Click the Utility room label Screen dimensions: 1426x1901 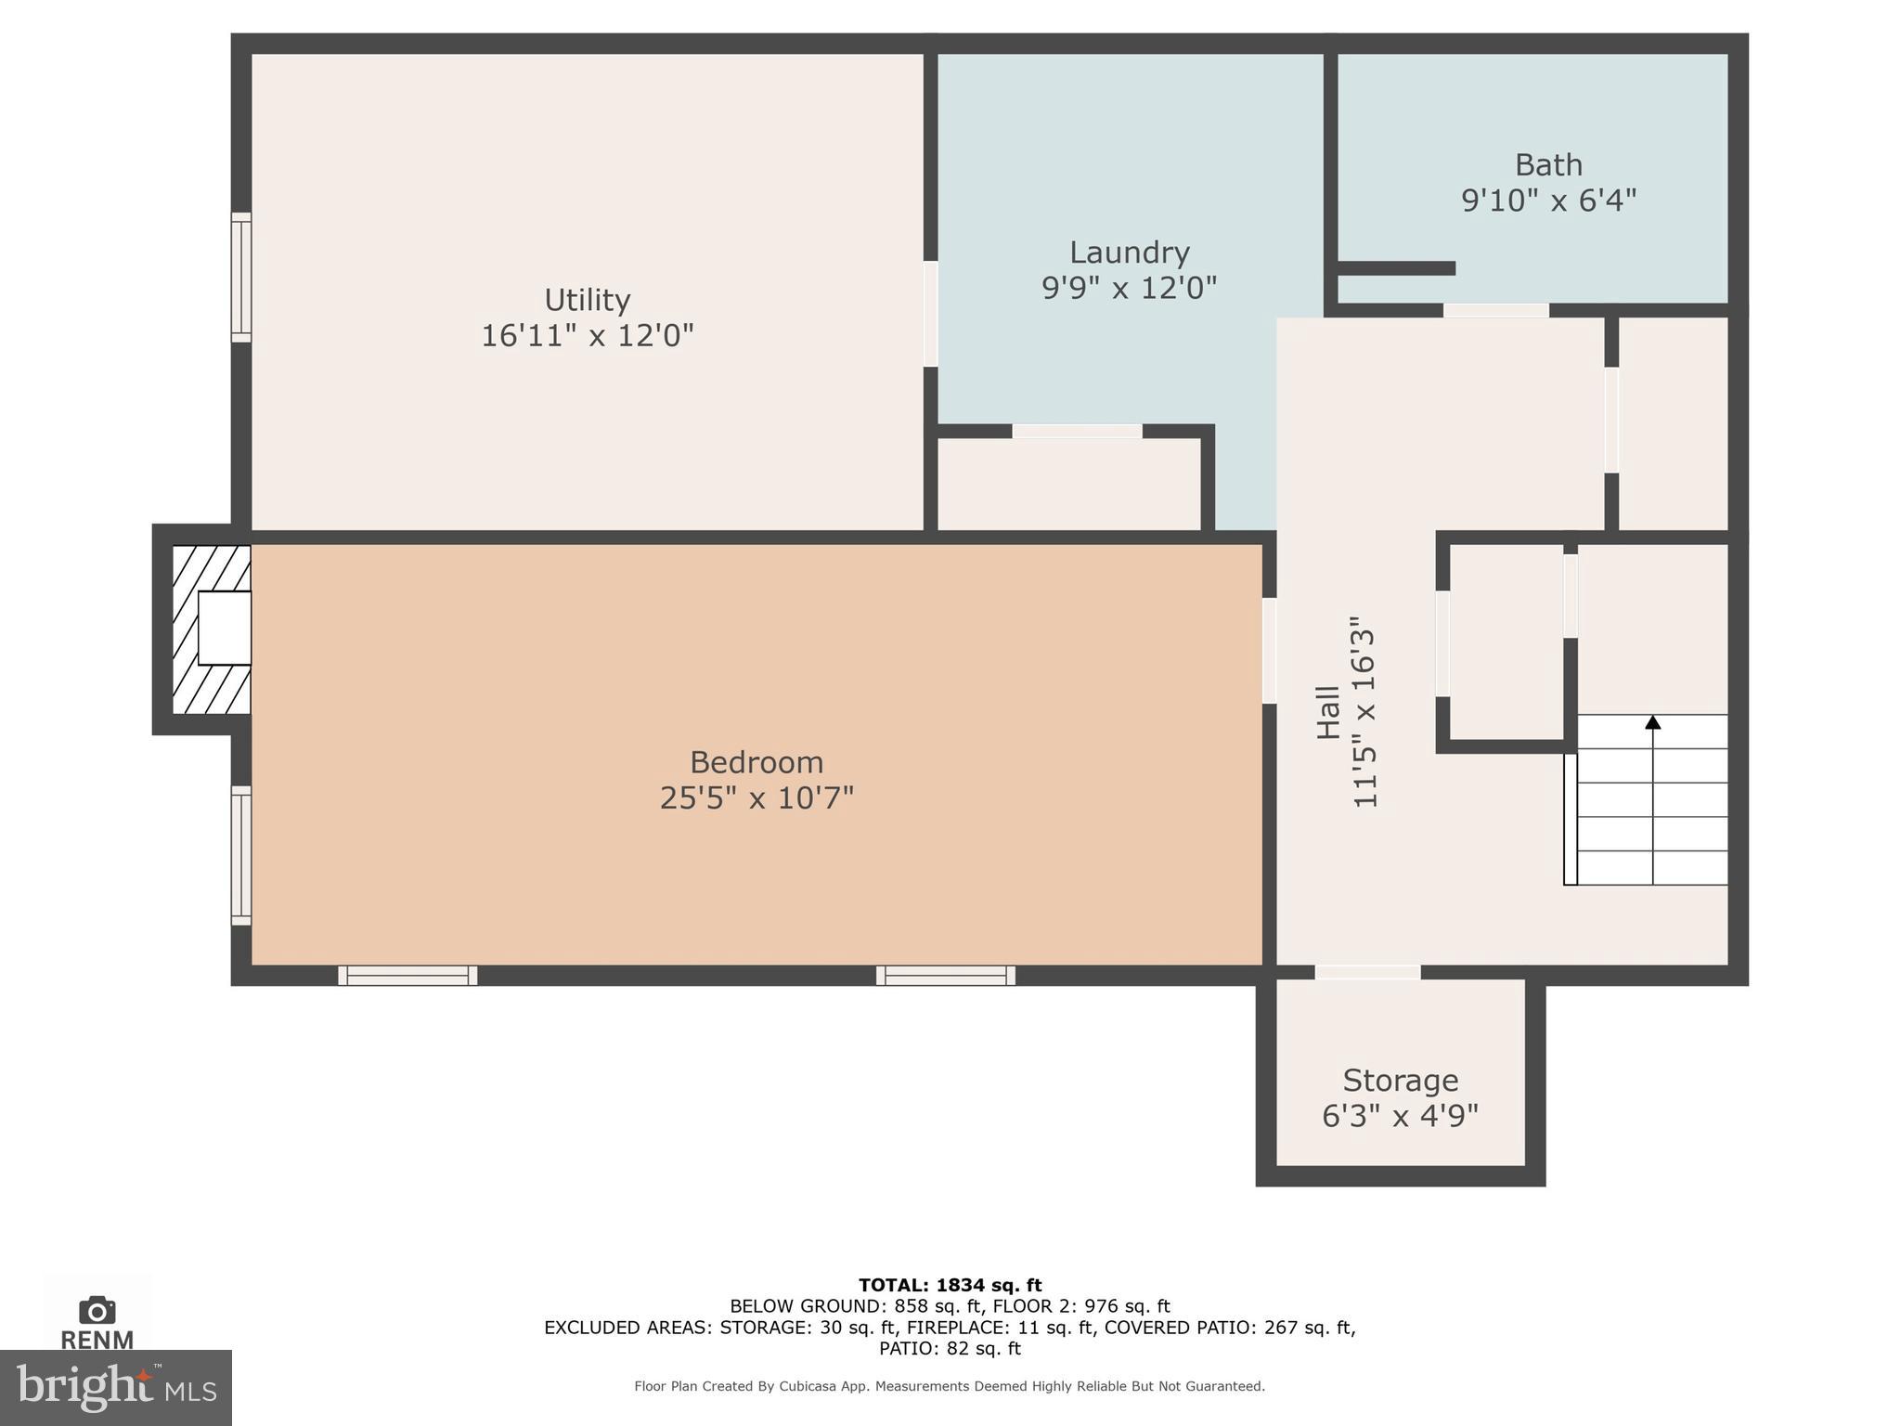(x=587, y=300)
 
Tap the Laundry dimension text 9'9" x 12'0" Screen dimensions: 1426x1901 (x=1129, y=288)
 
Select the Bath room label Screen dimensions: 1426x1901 (x=1548, y=165)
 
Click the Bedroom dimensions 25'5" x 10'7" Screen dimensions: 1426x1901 (x=757, y=797)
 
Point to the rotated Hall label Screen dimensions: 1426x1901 (x=1328, y=712)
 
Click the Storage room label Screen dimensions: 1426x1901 (x=1400, y=1081)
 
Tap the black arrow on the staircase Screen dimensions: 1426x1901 (x=1652, y=722)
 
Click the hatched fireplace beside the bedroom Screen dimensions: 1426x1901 (x=212, y=629)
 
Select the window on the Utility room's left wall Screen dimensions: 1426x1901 (x=240, y=277)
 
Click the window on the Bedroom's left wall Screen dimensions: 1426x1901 (x=240, y=855)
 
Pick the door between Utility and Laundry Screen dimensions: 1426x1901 (x=930, y=314)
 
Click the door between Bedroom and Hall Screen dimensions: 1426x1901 (x=1269, y=650)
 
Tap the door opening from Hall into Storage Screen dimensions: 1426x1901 (x=1367, y=972)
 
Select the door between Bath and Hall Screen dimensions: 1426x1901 (x=1495, y=310)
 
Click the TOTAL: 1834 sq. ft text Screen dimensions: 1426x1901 (x=950, y=1285)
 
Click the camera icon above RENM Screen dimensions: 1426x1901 (x=97, y=1311)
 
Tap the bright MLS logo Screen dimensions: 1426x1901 (x=115, y=1387)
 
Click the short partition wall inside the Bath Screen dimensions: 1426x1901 (x=1396, y=268)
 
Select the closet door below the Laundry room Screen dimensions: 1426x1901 (x=1077, y=431)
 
